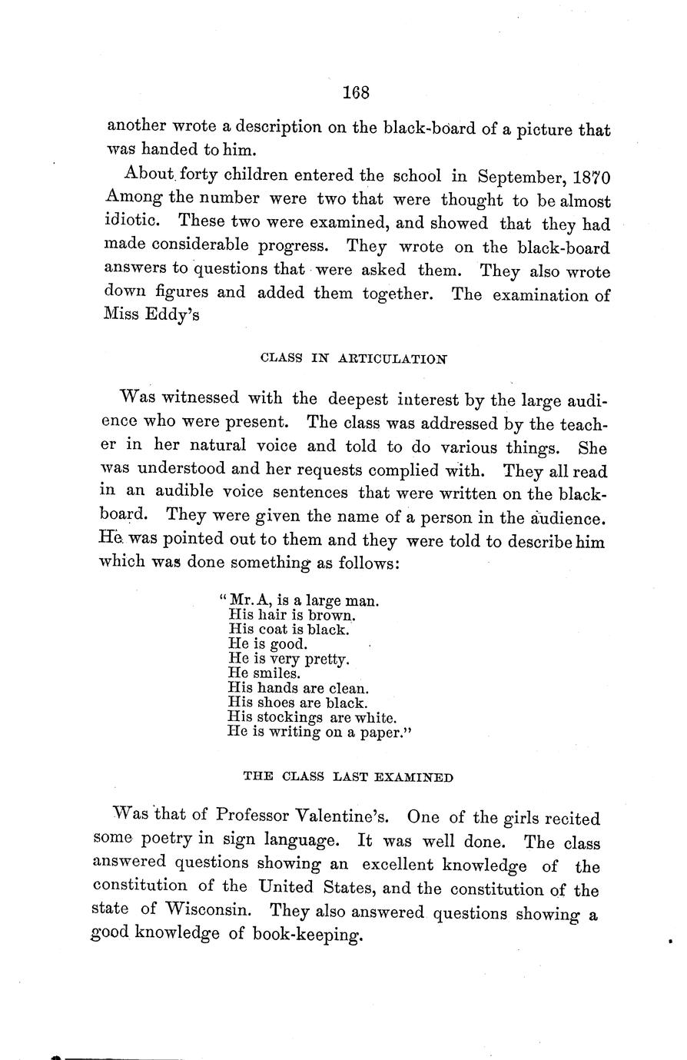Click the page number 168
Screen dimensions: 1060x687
(x=357, y=92)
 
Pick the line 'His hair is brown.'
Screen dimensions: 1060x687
(x=282, y=615)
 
